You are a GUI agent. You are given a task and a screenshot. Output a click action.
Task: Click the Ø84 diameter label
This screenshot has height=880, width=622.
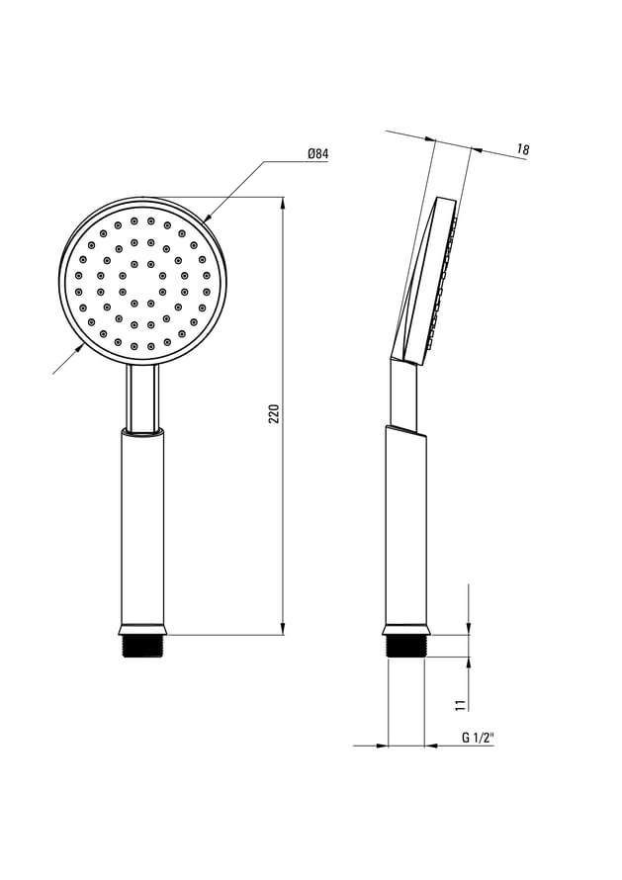(x=317, y=153)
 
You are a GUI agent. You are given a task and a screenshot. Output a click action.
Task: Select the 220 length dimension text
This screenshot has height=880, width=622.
(x=275, y=413)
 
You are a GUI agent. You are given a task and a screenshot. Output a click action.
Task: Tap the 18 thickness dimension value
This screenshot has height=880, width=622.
(x=522, y=150)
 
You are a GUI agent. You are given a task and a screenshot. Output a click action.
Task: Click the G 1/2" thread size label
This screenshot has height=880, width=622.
(x=478, y=738)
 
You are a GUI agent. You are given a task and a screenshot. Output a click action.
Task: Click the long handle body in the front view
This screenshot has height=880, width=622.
(x=143, y=529)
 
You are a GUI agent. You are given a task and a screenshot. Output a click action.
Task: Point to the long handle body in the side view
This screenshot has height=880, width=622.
(x=405, y=529)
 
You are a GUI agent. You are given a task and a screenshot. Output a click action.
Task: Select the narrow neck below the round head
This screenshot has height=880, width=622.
(x=142, y=398)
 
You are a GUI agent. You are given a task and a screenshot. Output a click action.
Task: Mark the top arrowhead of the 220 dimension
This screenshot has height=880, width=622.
(x=284, y=204)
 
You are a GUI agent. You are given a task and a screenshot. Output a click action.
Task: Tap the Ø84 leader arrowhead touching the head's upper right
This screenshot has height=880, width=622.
(x=208, y=217)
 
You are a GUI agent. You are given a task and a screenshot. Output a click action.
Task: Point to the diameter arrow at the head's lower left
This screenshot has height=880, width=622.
(x=77, y=349)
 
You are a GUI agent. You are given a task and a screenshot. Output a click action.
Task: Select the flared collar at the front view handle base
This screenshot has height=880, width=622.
(x=143, y=629)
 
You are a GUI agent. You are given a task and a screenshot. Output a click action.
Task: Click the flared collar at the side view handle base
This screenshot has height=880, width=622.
(x=405, y=629)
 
